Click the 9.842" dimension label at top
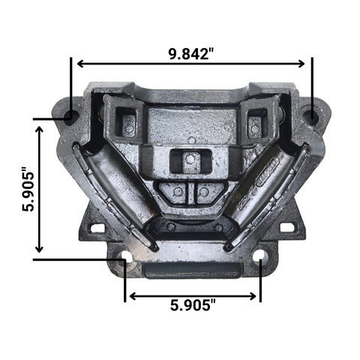[x=191, y=53]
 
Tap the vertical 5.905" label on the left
[x=28, y=189]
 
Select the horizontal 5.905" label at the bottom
[x=193, y=305]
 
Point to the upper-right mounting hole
[x=310, y=115]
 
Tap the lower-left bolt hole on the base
[x=126, y=257]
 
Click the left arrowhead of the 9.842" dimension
[x=80, y=64]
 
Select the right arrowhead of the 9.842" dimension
[x=301, y=64]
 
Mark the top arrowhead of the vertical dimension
[x=39, y=130]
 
